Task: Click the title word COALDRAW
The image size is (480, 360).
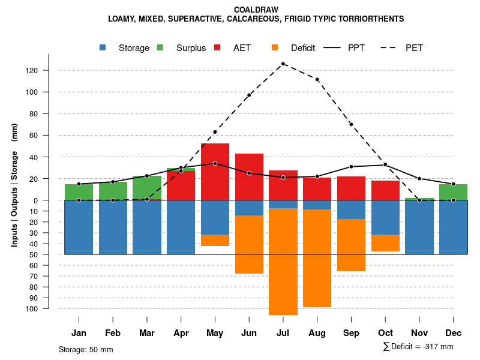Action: [256, 10]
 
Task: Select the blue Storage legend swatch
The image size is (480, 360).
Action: [103, 47]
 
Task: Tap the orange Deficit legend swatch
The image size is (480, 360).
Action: [275, 47]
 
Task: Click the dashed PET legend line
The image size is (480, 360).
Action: [390, 47]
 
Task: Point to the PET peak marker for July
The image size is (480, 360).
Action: [283, 64]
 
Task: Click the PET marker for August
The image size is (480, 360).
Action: [317, 79]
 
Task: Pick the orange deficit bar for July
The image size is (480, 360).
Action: [283, 261]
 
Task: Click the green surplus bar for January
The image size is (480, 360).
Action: [79, 192]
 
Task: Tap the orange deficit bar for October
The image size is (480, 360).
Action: [385, 243]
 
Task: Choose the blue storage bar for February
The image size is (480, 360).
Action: [113, 227]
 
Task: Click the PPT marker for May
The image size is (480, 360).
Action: [215, 163]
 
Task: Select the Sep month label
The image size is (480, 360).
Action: [351, 333]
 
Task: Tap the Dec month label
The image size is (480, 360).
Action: [453, 333]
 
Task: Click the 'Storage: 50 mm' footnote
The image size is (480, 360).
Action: [86, 349]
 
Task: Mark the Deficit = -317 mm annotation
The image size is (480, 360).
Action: [418, 346]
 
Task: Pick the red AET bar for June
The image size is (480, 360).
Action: [249, 177]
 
